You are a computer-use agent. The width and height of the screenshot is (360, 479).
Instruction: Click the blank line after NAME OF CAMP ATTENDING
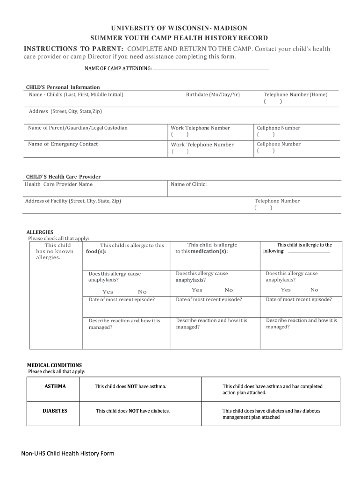pyautogui.click(x=211, y=69)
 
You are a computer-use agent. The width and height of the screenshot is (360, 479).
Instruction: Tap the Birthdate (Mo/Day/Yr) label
pyautogui.click(x=213, y=94)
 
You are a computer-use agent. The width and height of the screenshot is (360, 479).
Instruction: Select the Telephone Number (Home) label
pyautogui.click(x=295, y=94)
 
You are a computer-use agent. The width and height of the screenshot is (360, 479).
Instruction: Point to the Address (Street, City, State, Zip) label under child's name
pyautogui.click(x=65, y=111)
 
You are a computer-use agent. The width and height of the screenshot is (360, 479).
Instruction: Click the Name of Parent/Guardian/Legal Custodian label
pyautogui.click(x=78, y=128)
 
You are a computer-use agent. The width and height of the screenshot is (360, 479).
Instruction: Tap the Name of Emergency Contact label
pyautogui.click(x=63, y=144)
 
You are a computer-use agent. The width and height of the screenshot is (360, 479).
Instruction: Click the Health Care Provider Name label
pyautogui.click(x=59, y=184)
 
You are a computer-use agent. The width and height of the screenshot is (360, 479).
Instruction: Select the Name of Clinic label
pyautogui.click(x=188, y=184)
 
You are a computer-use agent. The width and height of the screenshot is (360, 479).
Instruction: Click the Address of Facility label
pyautogui.click(x=73, y=201)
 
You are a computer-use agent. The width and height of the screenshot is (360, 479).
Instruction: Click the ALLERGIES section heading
pyautogui.click(x=40, y=232)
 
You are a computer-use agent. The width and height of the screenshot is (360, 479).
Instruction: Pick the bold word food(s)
pyautogui.click(x=96, y=251)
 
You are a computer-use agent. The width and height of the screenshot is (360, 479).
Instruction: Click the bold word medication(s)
pyautogui.click(x=209, y=251)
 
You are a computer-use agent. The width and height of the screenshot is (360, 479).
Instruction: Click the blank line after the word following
pyautogui.click(x=309, y=252)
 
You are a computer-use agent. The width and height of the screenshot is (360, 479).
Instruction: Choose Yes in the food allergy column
pyautogui.click(x=108, y=292)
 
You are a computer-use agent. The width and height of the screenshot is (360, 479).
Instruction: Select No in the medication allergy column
pyautogui.click(x=229, y=290)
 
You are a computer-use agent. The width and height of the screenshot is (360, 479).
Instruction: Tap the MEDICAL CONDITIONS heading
pyautogui.click(x=54, y=365)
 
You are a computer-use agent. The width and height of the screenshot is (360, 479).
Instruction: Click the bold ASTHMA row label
pyautogui.click(x=55, y=386)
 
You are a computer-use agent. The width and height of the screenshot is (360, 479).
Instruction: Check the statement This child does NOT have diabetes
pyautogui.click(x=133, y=411)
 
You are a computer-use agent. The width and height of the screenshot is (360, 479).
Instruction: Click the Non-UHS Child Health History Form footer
pyautogui.click(x=67, y=453)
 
